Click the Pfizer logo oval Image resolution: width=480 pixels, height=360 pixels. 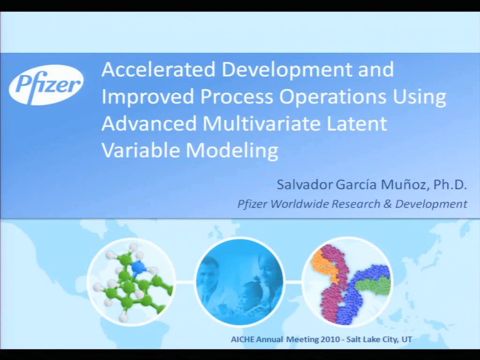[x=46, y=85]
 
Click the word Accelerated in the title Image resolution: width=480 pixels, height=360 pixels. [x=158, y=69]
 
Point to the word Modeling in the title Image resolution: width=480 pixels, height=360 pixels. [x=232, y=151]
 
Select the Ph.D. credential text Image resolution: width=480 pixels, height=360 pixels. [x=450, y=185]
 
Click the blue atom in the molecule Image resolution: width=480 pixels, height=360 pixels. [x=139, y=268]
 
